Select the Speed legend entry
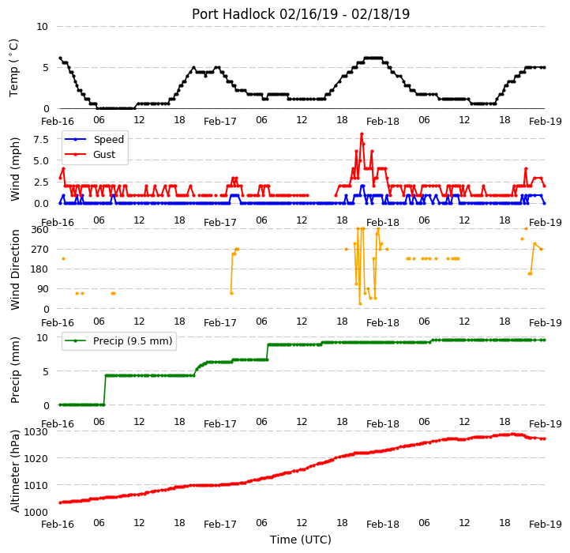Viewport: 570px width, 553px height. pyautogui.click(x=94, y=139)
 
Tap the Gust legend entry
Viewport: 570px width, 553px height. pyautogui.click(x=90, y=154)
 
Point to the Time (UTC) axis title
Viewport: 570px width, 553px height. pyautogui.click(x=301, y=539)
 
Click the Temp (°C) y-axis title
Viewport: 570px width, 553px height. pyautogui.click(x=13, y=68)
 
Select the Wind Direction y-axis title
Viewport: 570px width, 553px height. pyautogui.click(x=15, y=269)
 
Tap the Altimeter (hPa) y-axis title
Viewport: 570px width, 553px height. pyautogui.click(x=15, y=471)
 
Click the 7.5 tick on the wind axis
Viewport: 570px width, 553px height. pyautogui.click(x=41, y=139)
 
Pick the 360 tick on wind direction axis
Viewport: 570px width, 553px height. pyautogui.click(x=40, y=230)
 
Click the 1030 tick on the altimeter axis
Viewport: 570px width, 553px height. pyautogui.click(x=36, y=432)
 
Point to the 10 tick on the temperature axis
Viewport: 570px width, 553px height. pyautogui.click(x=42, y=27)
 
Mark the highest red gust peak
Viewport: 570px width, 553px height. pyautogui.click(x=362, y=134)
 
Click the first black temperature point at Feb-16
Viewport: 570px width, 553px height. pyautogui.click(x=60, y=58)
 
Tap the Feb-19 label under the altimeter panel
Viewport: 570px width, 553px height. pyautogui.click(x=546, y=525)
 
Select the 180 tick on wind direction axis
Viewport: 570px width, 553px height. pyautogui.click(x=40, y=269)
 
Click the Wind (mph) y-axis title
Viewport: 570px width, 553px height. pyautogui.click(x=15, y=169)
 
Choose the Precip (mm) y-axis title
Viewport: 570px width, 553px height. pyautogui.click(x=15, y=370)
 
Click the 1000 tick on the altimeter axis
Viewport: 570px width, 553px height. pyautogui.click(x=36, y=512)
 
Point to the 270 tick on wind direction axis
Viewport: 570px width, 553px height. pyautogui.click(x=40, y=250)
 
